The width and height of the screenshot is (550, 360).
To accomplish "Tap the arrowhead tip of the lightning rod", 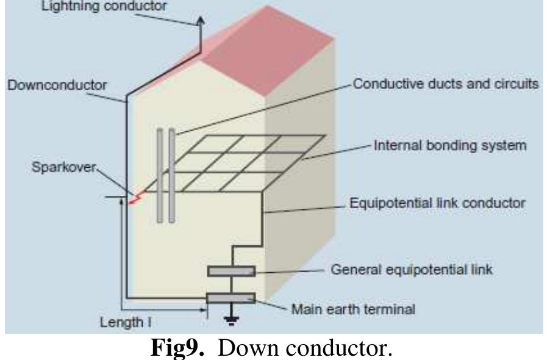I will click(202, 19).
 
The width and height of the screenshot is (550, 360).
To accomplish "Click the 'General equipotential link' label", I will click(411, 269).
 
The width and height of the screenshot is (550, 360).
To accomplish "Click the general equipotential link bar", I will click(230, 271).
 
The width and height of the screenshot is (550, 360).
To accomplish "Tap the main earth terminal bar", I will click(230, 298).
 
